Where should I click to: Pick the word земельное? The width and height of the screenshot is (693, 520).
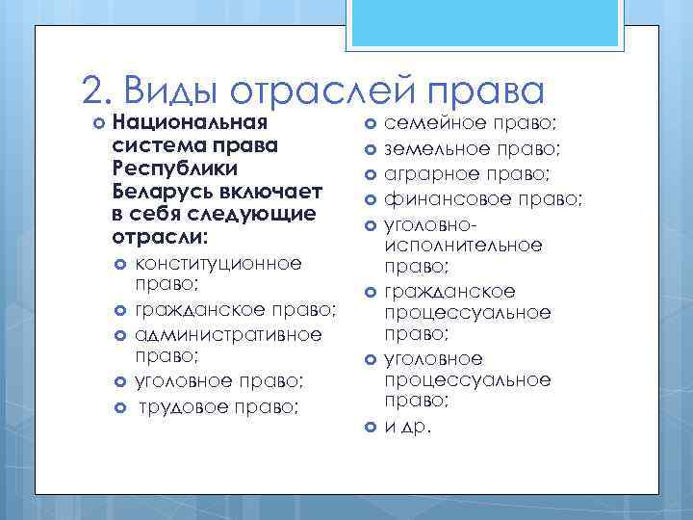tap(433, 149)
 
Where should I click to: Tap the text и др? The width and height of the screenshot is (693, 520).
tap(408, 427)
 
